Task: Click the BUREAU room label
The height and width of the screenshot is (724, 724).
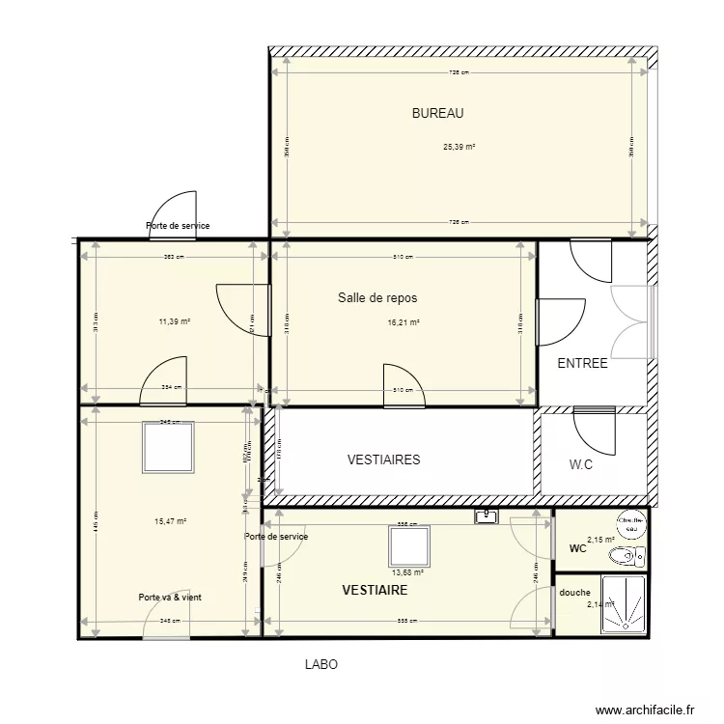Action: (438, 113)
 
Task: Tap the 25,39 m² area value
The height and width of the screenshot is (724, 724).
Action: (459, 148)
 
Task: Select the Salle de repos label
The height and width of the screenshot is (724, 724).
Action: (377, 298)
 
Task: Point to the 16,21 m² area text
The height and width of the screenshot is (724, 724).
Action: (404, 323)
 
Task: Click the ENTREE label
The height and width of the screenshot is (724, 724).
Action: (583, 364)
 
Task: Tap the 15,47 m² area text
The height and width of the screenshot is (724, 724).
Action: (170, 521)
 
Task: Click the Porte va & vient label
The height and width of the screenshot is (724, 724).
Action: (170, 598)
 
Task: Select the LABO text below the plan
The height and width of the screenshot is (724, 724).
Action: (320, 665)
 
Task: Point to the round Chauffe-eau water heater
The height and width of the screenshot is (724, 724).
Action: (633, 521)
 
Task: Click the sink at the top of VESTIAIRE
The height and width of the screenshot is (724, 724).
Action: (486, 517)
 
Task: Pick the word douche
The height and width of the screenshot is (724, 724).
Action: (574, 593)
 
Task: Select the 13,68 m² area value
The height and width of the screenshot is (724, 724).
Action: (407, 571)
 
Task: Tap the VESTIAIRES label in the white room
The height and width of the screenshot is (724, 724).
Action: (383, 460)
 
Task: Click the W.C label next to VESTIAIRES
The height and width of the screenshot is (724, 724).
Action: (581, 464)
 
